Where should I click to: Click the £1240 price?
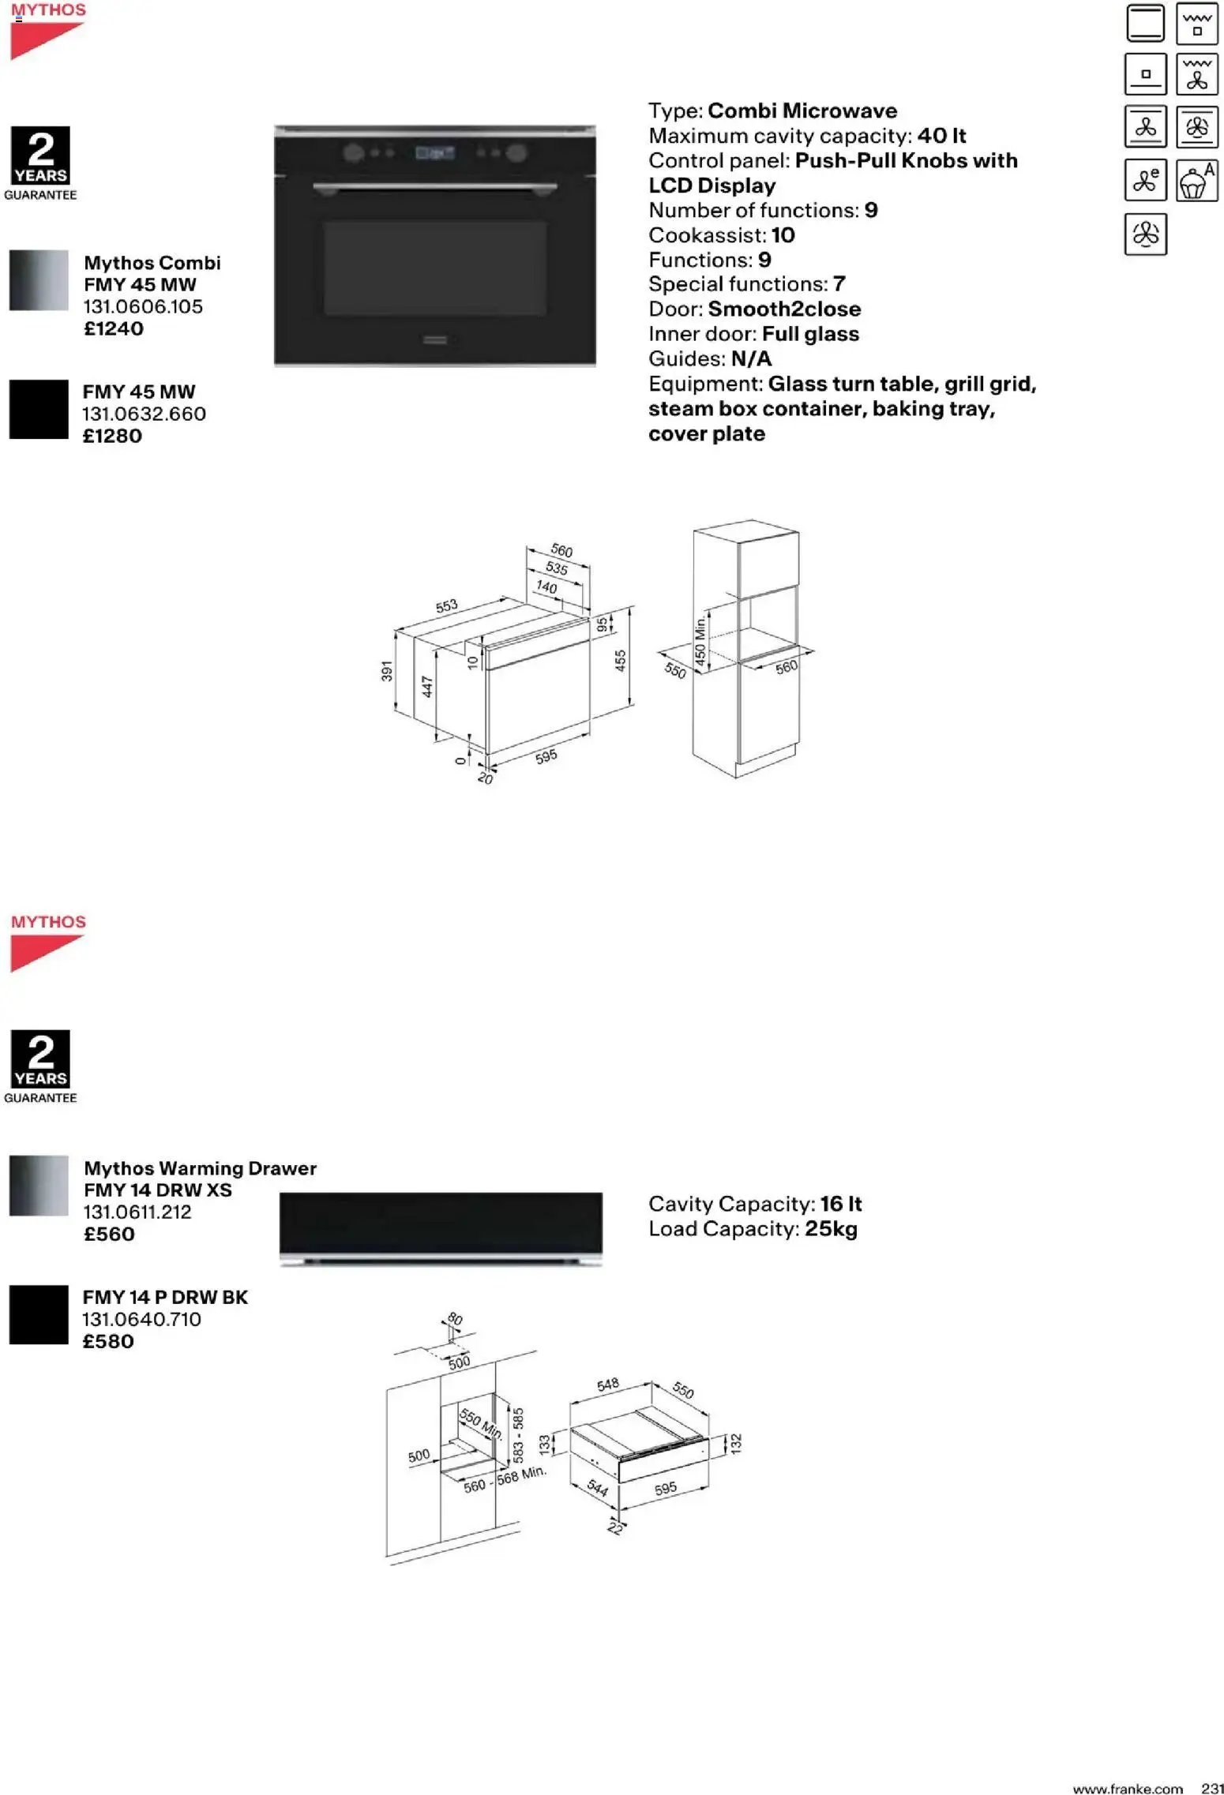(x=114, y=329)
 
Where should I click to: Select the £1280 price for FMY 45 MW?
(x=112, y=437)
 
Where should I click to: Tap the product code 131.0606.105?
(x=143, y=307)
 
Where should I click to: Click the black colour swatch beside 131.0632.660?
(x=39, y=410)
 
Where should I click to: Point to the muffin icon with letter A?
(x=1196, y=181)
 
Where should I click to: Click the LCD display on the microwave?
(x=435, y=153)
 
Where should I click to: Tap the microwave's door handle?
(x=435, y=187)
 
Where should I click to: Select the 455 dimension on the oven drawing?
(x=621, y=660)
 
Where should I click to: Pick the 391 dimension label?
(x=387, y=671)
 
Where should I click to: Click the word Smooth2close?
(x=783, y=309)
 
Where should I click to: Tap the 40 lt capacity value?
(x=941, y=136)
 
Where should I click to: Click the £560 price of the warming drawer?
(x=109, y=1235)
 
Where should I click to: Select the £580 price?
(x=108, y=1341)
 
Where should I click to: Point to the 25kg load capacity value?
(x=831, y=1229)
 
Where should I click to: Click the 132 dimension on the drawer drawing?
(x=736, y=1444)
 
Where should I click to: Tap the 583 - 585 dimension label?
(x=519, y=1435)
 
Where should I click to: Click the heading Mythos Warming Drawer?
(x=200, y=1168)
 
